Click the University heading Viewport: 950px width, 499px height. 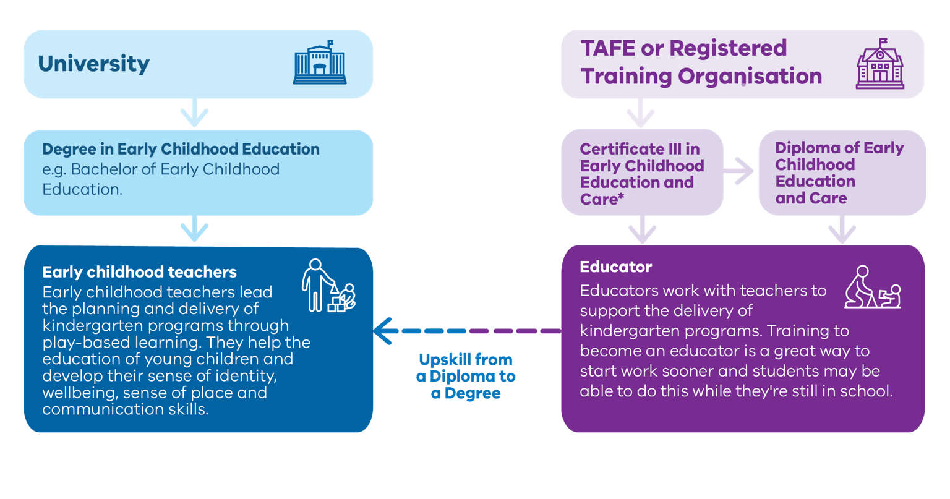(x=93, y=64)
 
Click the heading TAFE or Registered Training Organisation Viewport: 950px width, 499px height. (x=701, y=62)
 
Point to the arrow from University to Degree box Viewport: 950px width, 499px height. (x=194, y=114)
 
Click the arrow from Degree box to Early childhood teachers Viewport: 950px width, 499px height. (x=194, y=229)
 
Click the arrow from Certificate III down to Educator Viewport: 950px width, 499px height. (x=642, y=229)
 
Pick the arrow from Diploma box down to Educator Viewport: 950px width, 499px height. (x=842, y=229)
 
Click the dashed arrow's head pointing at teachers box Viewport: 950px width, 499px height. (x=385, y=331)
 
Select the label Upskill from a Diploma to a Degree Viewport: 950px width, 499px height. (x=466, y=377)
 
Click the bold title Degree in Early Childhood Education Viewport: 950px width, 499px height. (x=181, y=149)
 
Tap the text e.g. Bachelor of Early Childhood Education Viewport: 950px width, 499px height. (x=161, y=179)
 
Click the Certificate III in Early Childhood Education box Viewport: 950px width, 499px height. (x=642, y=173)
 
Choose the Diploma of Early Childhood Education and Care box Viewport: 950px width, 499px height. (x=841, y=173)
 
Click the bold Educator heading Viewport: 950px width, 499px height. (x=615, y=267)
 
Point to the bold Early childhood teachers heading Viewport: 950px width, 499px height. (x=139, y=272)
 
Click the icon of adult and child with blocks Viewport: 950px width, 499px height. (x=328, y=286)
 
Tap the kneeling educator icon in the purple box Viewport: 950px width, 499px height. (x=872, y=288)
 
